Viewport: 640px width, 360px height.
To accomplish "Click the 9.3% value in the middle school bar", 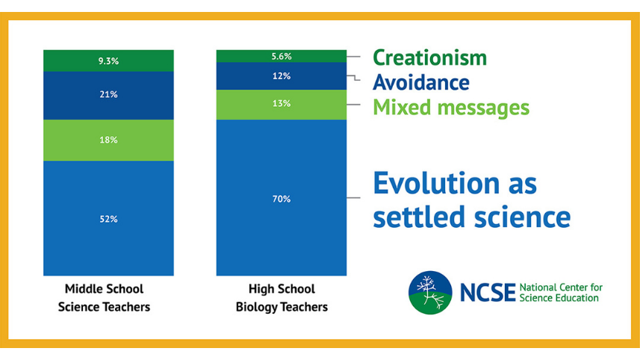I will tap(108, 60).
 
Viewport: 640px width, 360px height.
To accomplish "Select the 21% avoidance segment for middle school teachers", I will tap(108, 95).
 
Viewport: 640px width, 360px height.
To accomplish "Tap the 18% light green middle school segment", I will tap(108, 140).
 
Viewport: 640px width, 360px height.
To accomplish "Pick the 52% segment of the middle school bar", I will tap(108, 219).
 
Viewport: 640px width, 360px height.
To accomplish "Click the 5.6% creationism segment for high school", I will tap(282, 56).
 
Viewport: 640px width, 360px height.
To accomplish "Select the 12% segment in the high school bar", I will tap(282, 76).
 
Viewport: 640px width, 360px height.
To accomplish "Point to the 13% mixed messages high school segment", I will tap(282, 104).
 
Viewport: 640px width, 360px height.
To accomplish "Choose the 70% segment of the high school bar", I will tap(282, 199).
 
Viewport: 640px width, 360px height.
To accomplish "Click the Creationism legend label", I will tap(429, 58).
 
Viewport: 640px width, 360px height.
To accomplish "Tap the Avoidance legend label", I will tap(420, 82).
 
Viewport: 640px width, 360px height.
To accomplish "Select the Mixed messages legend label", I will tap(450, 108).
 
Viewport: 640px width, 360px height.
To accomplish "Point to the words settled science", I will tap(471, 217).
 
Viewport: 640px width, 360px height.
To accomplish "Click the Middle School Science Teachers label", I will tap(105, 297).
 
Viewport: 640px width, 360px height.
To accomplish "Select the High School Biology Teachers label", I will tap(282, 297).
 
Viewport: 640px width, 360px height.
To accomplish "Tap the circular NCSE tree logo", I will tap(430, 291).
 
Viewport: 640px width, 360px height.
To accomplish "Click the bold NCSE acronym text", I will tap(487, 292).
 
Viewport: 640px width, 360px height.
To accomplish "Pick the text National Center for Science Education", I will tap(560, 292).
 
